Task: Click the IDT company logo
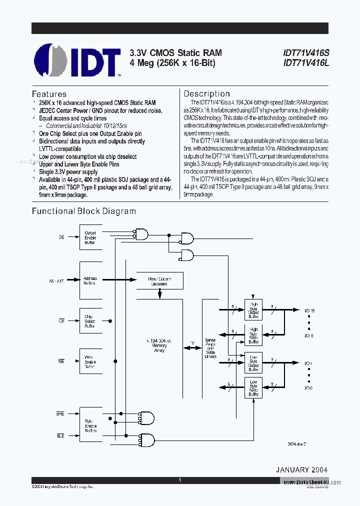click(77, 60)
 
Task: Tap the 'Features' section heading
click(49, 94)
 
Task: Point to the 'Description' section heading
click(206, 93)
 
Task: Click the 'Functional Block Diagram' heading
click(84, 211)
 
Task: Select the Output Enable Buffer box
click(90, 237)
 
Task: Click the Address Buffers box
click(90, 281)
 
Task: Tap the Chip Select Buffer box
click(90, 321)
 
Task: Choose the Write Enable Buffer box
click(90, 362)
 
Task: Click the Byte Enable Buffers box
click(90, 425)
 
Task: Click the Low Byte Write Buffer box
click(253, 387)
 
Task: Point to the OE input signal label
click(61, 237)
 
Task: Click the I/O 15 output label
click(309, 311)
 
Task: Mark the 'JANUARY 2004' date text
click(301, 470)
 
